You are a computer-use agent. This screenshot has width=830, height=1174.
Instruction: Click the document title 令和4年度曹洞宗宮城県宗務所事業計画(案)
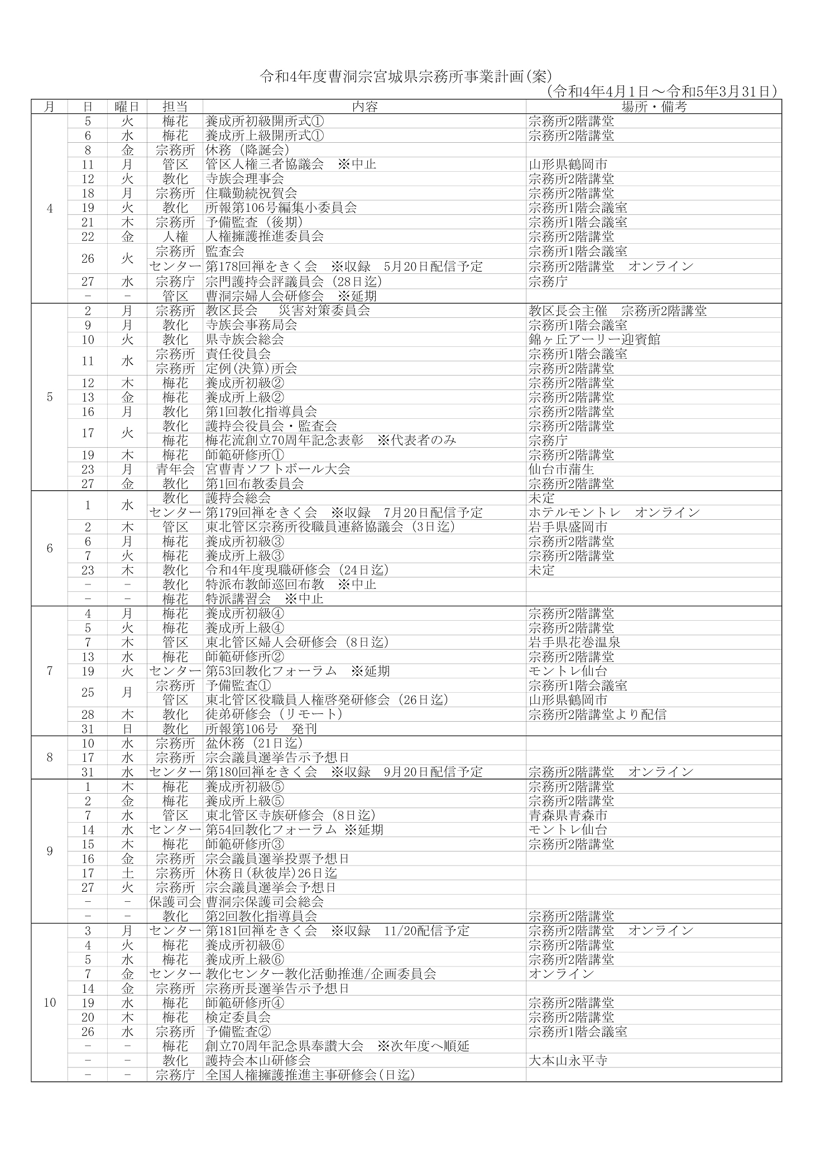[x=406, y=77]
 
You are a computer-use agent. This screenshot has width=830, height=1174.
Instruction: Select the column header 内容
[x=364, y=107]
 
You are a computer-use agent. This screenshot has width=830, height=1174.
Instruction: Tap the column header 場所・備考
[x=654, y=107]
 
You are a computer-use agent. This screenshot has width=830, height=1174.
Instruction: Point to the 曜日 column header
[x=127, y=107]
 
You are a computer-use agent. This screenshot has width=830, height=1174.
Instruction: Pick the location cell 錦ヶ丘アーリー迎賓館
[x=594, y=339]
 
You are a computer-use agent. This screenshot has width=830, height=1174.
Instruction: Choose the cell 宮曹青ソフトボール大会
[x=277, y=469]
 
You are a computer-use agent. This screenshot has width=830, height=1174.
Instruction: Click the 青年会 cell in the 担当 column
[x=175, y=469]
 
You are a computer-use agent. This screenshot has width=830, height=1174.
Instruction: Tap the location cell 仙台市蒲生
[x=561, y=469]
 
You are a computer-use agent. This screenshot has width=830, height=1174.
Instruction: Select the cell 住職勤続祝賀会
[x=251, y=193]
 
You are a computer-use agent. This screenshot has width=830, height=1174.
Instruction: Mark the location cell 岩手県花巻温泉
[x=574, y=642]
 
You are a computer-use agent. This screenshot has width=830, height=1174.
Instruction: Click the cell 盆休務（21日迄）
[x=254, y=743]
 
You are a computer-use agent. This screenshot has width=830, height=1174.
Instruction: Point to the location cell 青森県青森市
[x=568, y=815]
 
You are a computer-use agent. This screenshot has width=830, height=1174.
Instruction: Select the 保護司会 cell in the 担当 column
[x=175, y=902]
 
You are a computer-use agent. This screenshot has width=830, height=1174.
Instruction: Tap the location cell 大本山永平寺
[x=568, y=1060]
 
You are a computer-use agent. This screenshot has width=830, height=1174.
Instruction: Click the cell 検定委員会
[x=238, y=1017]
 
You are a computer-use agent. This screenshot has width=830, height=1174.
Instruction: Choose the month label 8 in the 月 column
[x=50, y=757]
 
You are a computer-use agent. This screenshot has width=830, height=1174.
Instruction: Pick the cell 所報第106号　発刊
[x=261, y=729]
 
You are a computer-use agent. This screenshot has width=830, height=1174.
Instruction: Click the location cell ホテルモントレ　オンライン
[x=614, y=512]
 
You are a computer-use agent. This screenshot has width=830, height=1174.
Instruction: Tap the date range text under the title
[x=661, y=91]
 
